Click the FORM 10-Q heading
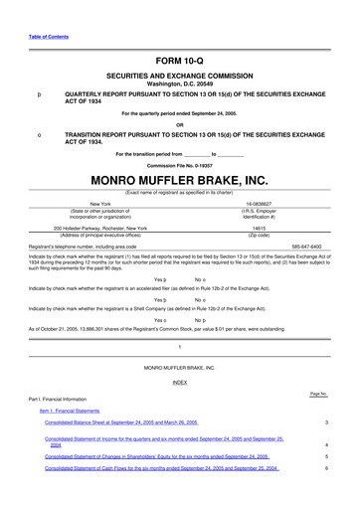[179, 61]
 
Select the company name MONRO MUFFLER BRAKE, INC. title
[179, 180]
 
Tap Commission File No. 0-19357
[179, 164]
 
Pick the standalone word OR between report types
[180, 123]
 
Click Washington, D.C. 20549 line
[179, 85]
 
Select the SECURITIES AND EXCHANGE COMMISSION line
[179, 77]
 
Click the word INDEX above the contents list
[180, 382]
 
